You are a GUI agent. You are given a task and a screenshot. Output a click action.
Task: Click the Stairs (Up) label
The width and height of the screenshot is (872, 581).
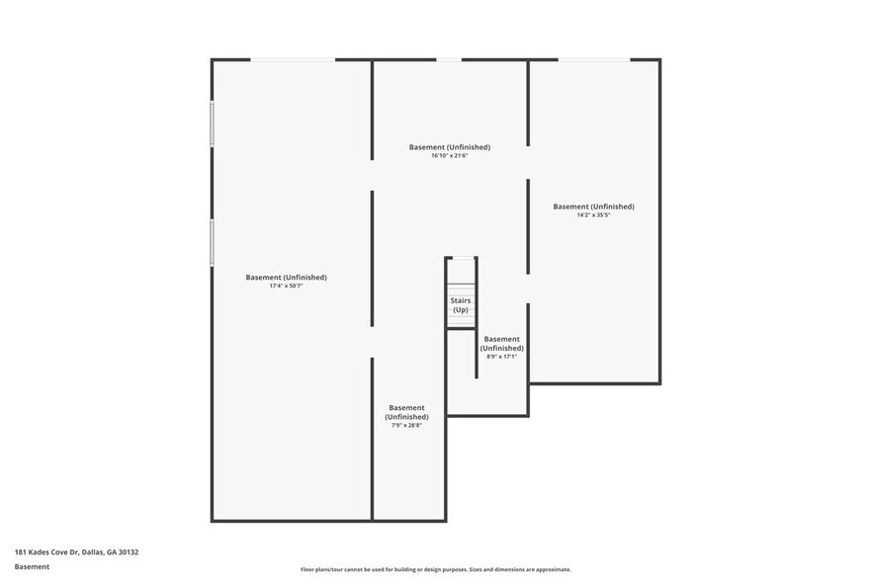coord(461,305)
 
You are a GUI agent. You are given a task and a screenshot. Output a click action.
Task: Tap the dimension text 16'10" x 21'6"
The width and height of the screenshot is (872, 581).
coord(450,156)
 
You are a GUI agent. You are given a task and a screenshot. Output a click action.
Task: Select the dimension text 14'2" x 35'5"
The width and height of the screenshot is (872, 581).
coord(593,215)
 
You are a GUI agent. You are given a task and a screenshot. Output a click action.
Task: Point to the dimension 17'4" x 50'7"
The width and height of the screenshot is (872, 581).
coord(286,287)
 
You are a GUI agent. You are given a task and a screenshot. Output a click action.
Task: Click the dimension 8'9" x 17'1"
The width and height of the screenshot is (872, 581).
coord(502,357)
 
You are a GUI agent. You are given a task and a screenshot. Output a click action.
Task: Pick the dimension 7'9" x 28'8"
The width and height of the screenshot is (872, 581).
coord(406,426)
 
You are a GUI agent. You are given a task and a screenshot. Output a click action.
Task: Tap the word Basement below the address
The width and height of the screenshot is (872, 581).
coord(32,567)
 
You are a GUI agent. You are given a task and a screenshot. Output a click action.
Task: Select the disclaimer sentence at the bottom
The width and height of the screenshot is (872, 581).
coord(436,570)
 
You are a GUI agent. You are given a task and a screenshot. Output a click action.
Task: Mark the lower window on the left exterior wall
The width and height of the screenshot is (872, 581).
coord(212,242)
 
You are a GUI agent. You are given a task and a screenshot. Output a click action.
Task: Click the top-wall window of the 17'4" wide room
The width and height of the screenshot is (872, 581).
coord(293,60)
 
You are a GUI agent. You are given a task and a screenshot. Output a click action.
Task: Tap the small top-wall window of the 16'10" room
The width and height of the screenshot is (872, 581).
coord(449,60)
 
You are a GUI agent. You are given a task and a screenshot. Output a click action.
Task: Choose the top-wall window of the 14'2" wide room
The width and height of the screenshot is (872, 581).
coord(593,60)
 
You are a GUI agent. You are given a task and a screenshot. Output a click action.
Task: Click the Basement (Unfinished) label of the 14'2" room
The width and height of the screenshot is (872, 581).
coord(593,207)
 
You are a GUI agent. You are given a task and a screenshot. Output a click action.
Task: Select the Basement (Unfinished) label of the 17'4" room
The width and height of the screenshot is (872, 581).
coord(286,278)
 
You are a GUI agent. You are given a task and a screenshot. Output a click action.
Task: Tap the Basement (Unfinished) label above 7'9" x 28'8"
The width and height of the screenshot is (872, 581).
coord(406,412)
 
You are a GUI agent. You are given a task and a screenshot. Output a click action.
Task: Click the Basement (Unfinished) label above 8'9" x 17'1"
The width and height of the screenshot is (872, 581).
coord(502,343)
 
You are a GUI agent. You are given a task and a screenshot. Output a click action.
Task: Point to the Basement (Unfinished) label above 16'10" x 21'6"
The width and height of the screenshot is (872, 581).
coord(450,147)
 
